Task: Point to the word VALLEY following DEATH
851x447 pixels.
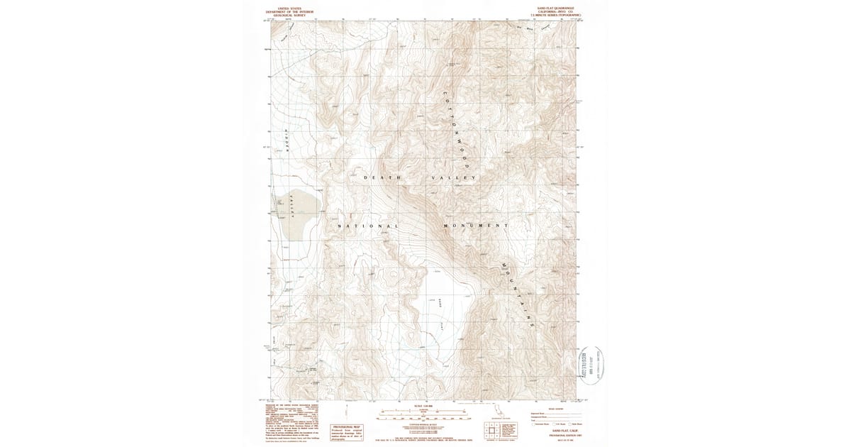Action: coord(453,177)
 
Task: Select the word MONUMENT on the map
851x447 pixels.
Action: coord(475,226)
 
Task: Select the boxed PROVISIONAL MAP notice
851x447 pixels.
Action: coord(346,432)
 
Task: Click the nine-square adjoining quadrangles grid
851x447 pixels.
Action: coord(490,429)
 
